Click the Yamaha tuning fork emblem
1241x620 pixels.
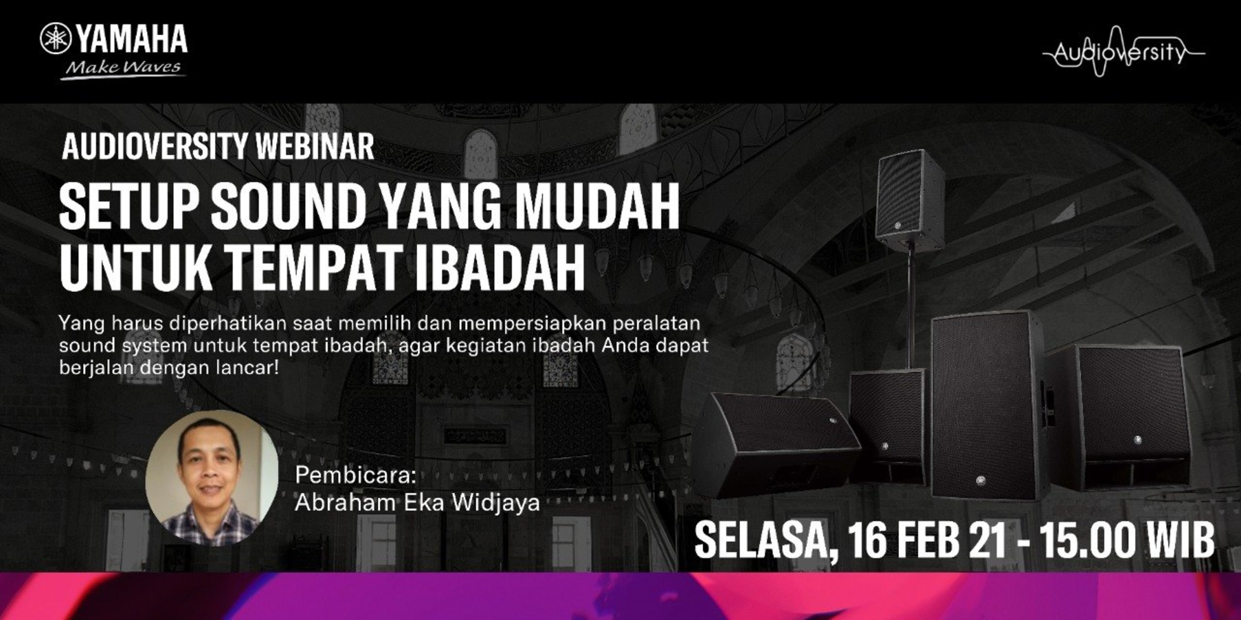point(56,38)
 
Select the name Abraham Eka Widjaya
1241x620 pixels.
point(417,503)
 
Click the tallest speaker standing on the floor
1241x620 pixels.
point(988,405)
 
